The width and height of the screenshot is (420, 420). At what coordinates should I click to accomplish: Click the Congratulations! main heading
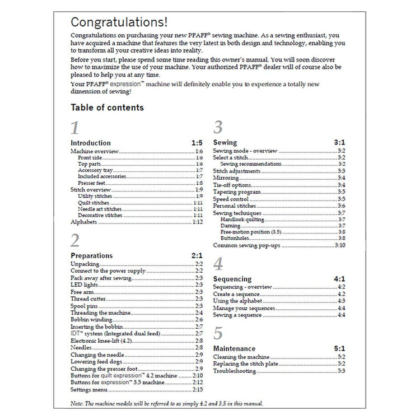pos(118,23)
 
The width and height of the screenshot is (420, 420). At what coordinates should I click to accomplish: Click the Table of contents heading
pos(107,108)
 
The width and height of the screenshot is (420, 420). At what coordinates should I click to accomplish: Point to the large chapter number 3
pos(218,128)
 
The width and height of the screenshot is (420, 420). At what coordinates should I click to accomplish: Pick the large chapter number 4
pos(218,264)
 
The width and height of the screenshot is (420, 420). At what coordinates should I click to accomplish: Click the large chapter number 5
pos(218,334)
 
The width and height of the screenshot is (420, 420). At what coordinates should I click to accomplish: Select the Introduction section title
pos(91,143)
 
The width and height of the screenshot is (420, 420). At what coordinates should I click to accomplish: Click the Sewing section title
pos(225,143)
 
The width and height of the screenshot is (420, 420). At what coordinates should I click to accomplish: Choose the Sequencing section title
pos(233,279)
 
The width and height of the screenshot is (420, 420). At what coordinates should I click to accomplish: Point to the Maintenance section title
pos(235,349)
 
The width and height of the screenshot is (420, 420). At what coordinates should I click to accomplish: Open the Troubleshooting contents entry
pos(235,371)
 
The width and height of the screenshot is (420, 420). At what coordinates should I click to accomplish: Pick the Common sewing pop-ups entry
pos(246,246)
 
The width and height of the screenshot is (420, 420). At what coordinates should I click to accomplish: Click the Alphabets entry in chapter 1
pos(84,222)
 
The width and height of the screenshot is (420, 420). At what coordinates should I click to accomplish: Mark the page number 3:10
pos(340,246)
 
